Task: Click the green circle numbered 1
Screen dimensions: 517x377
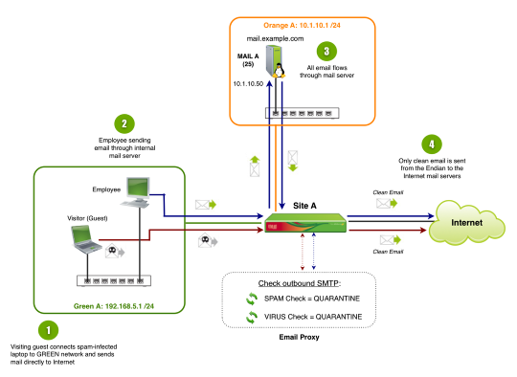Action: point(48,330)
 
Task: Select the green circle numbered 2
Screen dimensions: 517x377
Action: point(124,123)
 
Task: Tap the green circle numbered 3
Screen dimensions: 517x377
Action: point(326,51)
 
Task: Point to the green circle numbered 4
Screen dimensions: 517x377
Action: point(432,144)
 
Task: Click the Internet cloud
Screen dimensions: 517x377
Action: point(466,223)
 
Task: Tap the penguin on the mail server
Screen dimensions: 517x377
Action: point(280,70)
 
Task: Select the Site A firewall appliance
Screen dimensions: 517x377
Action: point(305,223)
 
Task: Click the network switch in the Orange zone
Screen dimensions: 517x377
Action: point(303,113)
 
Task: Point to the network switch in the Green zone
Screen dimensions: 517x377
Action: point(114,280)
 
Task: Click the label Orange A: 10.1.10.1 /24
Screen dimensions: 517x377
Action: point(302,26)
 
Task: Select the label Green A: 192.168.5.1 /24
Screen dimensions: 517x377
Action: point(114,306)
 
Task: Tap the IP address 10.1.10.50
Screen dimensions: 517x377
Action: point(248,84)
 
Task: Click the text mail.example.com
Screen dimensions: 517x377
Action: point(276,39)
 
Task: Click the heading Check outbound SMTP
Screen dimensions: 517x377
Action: point(299,283)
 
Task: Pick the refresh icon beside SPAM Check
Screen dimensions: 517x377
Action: point(252,299)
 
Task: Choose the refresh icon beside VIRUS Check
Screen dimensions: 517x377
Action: point(252,317)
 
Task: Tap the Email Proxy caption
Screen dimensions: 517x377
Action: point(299,337)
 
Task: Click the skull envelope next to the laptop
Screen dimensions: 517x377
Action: point(115,252)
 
